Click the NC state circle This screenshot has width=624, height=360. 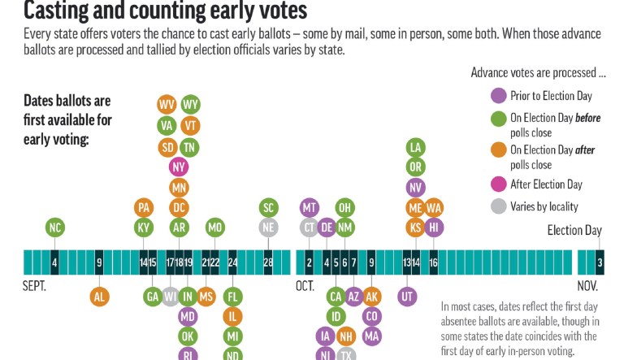tap(54, 228)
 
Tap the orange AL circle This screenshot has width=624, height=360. tap(99, 297)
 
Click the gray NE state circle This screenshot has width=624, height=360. tap(268, 228)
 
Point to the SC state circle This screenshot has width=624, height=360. tap(268, 207)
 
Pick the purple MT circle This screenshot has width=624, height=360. tap(309, 207)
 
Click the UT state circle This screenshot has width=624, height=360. tap(407, 297)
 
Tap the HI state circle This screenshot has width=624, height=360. tap(434, 228)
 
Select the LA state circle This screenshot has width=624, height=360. tap(415, 147)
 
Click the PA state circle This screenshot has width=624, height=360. tap(144, 207)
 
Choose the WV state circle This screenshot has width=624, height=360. tap(167, 105)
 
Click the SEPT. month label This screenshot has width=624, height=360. tap(36, 286)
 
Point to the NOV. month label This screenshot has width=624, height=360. tap(587, 286)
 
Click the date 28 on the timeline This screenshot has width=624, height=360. tap(268, 262)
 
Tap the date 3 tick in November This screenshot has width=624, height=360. tap(600, 262)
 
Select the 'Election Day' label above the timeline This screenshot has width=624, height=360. tap(575, 230)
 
